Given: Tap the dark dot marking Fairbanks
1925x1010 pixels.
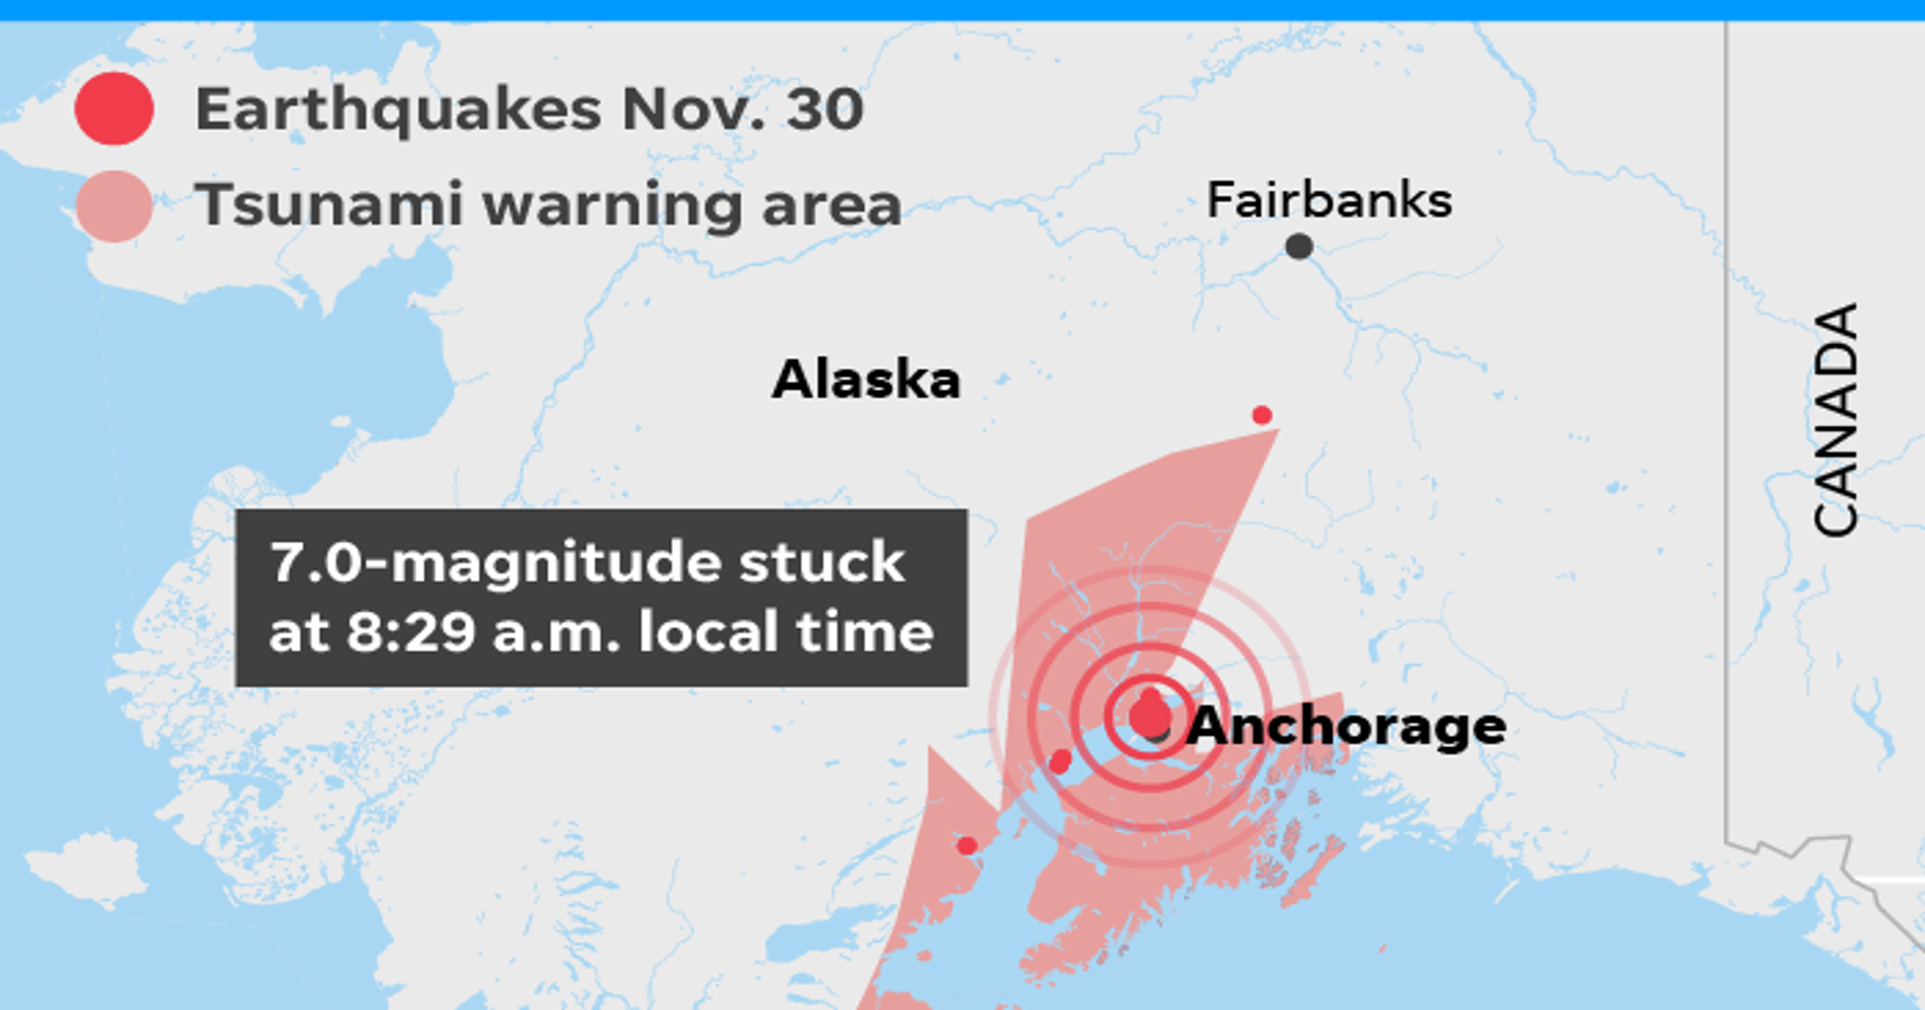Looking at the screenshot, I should [x=1299, y=246].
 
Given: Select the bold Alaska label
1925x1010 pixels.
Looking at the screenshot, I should [x=866, y=379].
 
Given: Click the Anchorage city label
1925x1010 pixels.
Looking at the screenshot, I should [x=1346, y=726].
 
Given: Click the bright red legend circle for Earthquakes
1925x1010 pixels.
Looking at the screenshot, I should [x=114, y=109].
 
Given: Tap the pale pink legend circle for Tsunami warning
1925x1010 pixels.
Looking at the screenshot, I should [x=114, y=206].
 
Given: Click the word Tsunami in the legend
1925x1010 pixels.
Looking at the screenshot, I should [x=329, y=204].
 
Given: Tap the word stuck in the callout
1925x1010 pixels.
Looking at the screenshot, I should [x=821, y=563].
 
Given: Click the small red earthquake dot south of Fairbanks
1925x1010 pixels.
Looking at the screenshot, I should [x=1261, y=415].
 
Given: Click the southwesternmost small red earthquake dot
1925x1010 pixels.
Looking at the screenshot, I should [x=967, y=846].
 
